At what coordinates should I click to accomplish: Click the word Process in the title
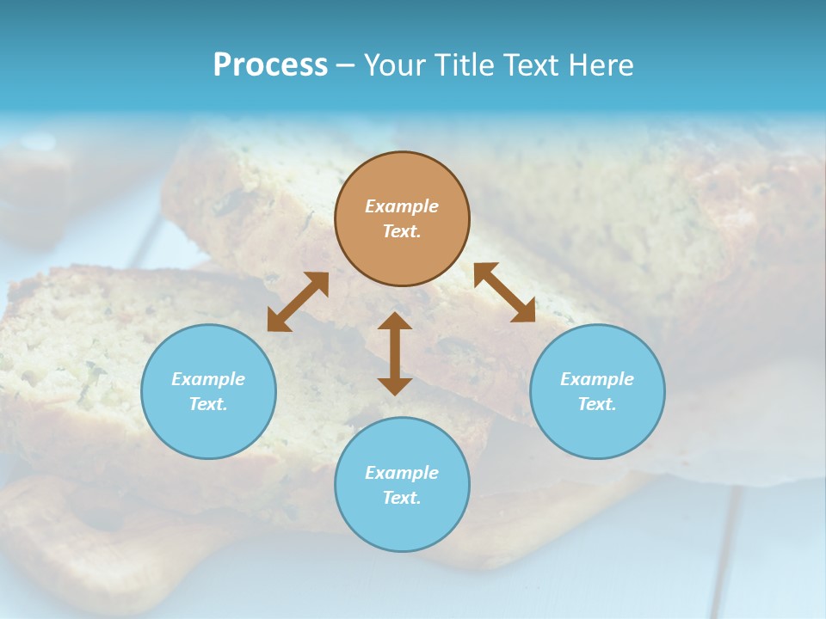click(270, 65)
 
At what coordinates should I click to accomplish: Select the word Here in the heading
click(600, 65)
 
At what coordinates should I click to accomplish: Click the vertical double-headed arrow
click(395, 353)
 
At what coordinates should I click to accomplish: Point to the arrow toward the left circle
click(298, 302)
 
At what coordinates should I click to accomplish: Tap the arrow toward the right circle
click(504, 292)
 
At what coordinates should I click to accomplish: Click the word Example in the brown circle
click(402, 206)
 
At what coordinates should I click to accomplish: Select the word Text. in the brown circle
click(402, 231)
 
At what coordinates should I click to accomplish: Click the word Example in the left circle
click(208, 379)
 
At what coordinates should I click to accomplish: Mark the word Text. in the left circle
click(208, 404)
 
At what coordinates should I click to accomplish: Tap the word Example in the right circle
click(597, 379)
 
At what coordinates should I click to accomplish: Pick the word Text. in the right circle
click(597, 404)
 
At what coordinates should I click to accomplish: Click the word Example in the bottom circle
click(402, 473)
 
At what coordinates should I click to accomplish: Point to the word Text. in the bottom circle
click(402, 498)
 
